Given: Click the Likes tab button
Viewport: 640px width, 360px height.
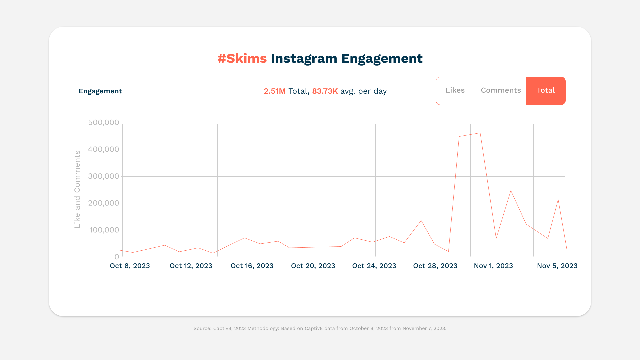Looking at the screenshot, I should (455, 91).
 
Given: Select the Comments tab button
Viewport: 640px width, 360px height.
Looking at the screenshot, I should (500, 91).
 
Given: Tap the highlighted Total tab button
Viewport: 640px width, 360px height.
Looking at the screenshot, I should (546, 91).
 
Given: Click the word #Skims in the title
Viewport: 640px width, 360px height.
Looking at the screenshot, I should (242, 59).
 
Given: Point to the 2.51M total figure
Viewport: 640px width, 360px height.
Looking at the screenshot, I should (275, 91).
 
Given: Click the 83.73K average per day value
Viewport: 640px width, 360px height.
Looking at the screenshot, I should (325, 91).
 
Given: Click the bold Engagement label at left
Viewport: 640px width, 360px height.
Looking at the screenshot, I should (100, 91).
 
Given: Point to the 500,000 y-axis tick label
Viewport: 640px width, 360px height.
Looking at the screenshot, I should (103, 123).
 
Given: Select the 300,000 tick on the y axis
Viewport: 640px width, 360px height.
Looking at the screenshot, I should (103, 176).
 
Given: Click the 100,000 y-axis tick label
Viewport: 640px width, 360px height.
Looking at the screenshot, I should (104, 230).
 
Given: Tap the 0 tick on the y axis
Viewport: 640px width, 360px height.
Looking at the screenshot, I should (117, 257).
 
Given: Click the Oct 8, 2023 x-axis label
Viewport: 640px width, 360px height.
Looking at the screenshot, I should (130, 266).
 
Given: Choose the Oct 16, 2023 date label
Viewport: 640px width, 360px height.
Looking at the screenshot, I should (252, 266).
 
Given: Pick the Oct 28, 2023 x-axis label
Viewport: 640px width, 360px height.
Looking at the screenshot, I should (435, 266).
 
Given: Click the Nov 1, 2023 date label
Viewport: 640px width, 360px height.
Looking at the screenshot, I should (493, 266).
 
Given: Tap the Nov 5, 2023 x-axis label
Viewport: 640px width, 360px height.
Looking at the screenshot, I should (557, 266).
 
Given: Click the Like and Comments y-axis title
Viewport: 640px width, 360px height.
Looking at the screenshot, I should (77, 189).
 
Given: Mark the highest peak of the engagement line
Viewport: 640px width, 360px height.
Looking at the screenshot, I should (480, 133).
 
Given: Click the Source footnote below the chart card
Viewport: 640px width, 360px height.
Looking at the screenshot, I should (320, 328).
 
